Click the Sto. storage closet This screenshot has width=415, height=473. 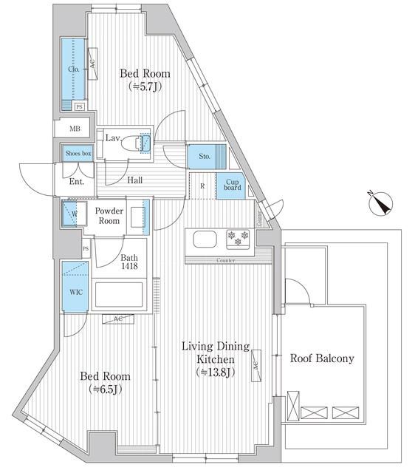(x=205, y=157)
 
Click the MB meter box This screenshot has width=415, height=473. (x=75, y=129)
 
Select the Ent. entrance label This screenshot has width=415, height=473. (x=76, y=181)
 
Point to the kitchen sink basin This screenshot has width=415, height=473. (x=204, y=240)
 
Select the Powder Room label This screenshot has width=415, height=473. (x=109, y=216)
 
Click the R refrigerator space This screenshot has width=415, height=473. (x=202, y=186)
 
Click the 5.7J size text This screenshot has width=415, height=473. (x=146, y=86)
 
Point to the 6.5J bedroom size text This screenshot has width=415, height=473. (x=106, y=388)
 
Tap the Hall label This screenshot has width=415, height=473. (x=134, y=180)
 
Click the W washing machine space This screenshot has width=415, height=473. (x=75, y=215)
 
